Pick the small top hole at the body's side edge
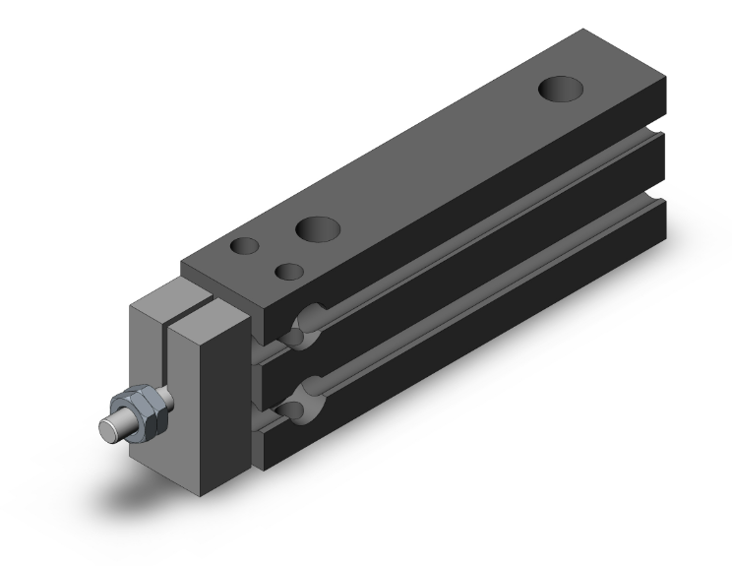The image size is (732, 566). click(288, 271)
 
